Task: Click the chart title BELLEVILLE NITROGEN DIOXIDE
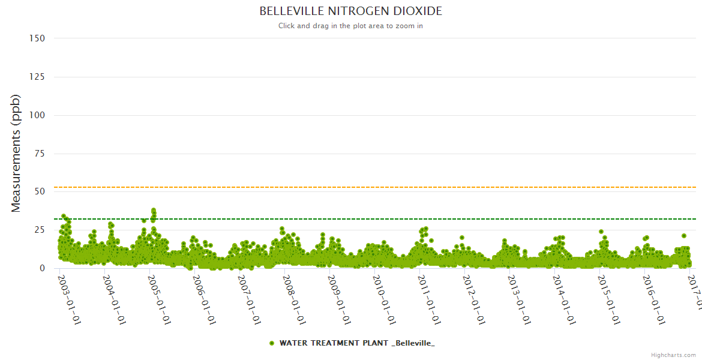[350, 11]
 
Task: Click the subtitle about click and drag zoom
[350, 26]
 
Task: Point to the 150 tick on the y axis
[37, 38]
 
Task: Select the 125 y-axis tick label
[37, 77]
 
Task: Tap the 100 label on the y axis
[37, 115]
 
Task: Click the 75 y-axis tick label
[40, 154]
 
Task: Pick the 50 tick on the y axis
[40, 192]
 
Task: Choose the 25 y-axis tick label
[40, 230]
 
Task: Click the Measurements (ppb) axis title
[16, 153]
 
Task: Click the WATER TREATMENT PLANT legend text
[357, 343]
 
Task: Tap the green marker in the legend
[272, 343]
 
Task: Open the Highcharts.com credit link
[673, 355]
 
